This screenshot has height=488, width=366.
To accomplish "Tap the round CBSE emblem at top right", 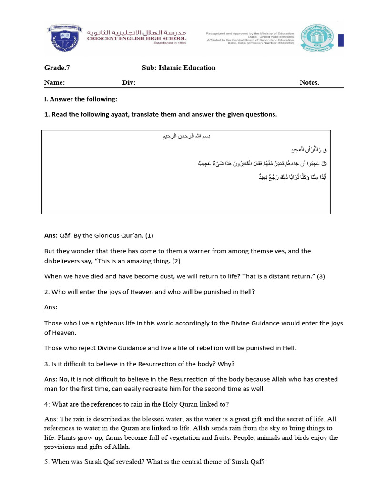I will pos(320,38).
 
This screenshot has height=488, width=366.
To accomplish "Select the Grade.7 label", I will pos(57,68).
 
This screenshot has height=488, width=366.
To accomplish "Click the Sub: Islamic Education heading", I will pos(179,68).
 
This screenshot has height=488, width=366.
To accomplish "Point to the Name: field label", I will pos(54,82).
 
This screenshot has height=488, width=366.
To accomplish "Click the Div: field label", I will pos(129,82).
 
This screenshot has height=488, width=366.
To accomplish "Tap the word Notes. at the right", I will pos(309,82).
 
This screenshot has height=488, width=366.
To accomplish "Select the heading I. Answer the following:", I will pos(81,99).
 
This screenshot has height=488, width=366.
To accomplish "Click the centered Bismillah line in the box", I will pos(186,136).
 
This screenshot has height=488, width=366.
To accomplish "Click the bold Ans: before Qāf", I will pos(51,235).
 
